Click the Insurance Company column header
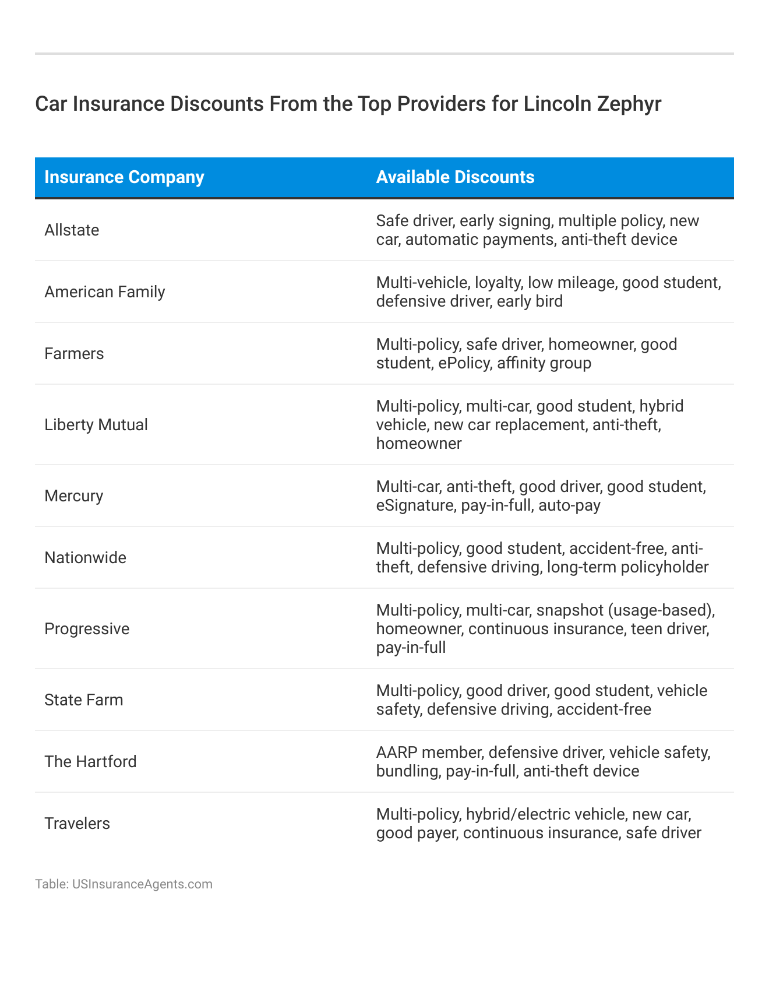click(124, 177)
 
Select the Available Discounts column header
click(455, 177)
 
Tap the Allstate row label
click(72, 230)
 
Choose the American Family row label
click(105, 292)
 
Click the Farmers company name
click(74, 354)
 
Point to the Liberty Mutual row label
click(96, 425)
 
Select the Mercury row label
click(73, 496)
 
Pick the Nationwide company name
click(85, 558)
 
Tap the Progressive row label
click(87, 629)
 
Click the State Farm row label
click(84, 700)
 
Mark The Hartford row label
click(90, 762)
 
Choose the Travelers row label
click(77, 824)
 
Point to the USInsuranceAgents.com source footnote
click(124, 884)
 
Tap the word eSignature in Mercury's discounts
click(414, 505)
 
